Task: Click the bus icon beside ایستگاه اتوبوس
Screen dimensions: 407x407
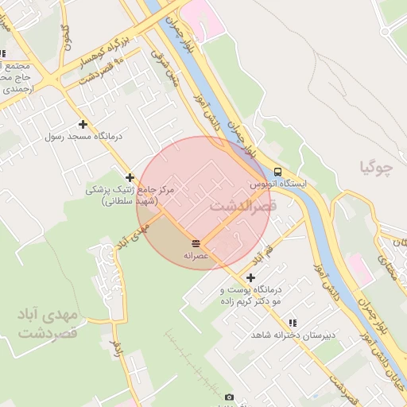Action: (277, 171)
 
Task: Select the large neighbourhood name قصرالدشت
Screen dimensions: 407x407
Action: (243, 206)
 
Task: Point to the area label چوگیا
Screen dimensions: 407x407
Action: (377, 167)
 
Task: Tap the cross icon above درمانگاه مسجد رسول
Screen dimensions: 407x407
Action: (83, 124)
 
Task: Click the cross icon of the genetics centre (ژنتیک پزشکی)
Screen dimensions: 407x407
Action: (130, 176)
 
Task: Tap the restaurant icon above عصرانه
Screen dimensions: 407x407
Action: (196, 242)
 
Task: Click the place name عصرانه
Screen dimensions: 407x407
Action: (196, 255)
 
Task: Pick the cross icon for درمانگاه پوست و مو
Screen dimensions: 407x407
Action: (251, 277)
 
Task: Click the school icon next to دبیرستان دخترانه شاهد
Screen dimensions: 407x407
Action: (293, 323)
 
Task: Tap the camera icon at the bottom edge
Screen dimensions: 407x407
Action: (230, 397)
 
